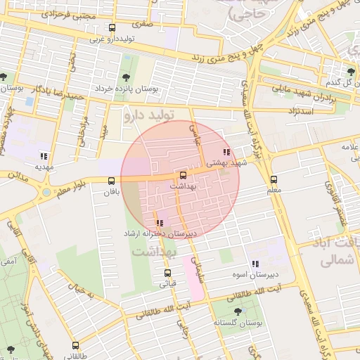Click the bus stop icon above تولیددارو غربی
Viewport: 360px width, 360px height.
pyautogui.click(x=112, y=28)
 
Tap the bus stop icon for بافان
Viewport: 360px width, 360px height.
pyautogui.click(x=111, y=181)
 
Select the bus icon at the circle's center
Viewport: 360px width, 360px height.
pyautogui.click(x=184, y=174)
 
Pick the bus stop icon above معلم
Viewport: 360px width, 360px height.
pyautogui.click(x=274, y=179)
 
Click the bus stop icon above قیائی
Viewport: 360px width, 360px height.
pyautogui.click(x=167, y=273)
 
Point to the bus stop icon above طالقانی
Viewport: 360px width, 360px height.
pyautogui.click(x=76, y=345)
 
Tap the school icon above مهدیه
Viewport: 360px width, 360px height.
pyautogui.click(x=44, y=156)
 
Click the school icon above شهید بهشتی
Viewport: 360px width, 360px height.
pyautogui.click(x=226, y=152)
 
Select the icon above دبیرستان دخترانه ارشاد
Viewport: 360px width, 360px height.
pyautogui.click(x=160, y=223)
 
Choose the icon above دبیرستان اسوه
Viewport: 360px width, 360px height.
pyautogui.click(x=255, y=264)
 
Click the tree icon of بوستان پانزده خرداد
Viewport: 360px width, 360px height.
pyautogui.click(x=126, y=78)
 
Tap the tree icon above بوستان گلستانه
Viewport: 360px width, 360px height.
pyautogui.click(x=236, y=311)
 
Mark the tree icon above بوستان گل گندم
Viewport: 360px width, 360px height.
pyautogui.click(x=351, y=72)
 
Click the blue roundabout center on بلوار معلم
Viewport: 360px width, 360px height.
pyautogui.click(x=46, y=191)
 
